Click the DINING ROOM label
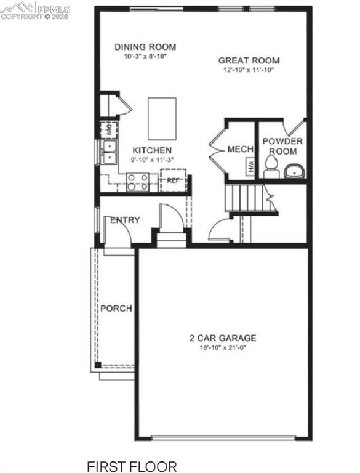pos(145,47)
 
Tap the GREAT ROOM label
pos(249,60)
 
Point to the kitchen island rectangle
pos(162,118)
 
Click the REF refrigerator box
pos(172,181)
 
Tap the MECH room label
pos(240,150)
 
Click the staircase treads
pos(247,198)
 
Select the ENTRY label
pos(125,220)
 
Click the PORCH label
pos(116,308)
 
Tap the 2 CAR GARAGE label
pos(222,338)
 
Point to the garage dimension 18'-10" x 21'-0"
pos(222,347)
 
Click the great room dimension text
pos(249,70)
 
